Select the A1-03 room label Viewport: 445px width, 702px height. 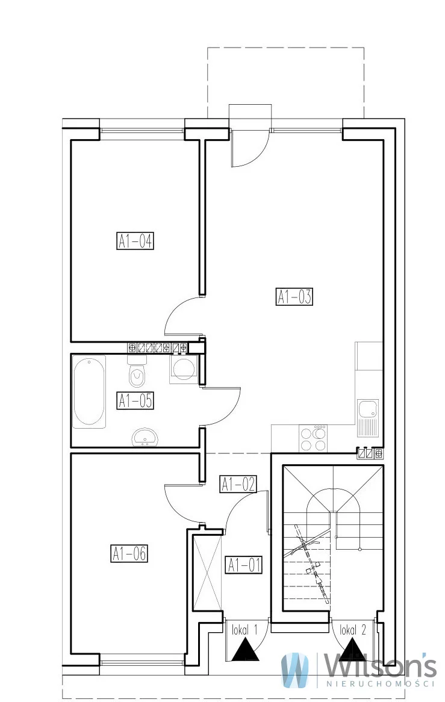[x=294, y=296]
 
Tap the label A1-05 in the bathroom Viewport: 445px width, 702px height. [x=135, y=400]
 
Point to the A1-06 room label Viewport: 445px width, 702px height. [x=129, y=553]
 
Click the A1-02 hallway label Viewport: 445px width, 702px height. [x=238, y=484]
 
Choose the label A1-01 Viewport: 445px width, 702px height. [x=244, y=565]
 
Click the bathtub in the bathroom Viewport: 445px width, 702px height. [x=90, y=392]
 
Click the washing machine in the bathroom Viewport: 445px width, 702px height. [x=183, y=368]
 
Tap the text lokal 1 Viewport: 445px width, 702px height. [x=245, y=631]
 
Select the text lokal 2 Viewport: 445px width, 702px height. [x=353, y=630]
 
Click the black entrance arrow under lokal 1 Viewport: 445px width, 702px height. [x=246, y=650]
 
